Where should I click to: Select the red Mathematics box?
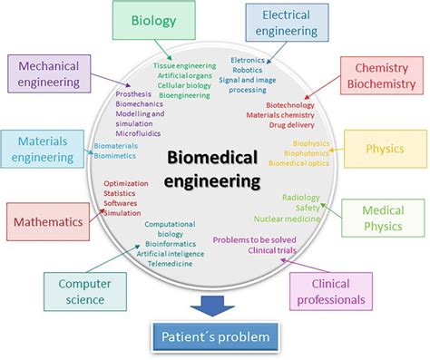click(48, 220)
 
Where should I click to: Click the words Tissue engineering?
click(184, 65)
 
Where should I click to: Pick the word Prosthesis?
click(134, 93)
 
